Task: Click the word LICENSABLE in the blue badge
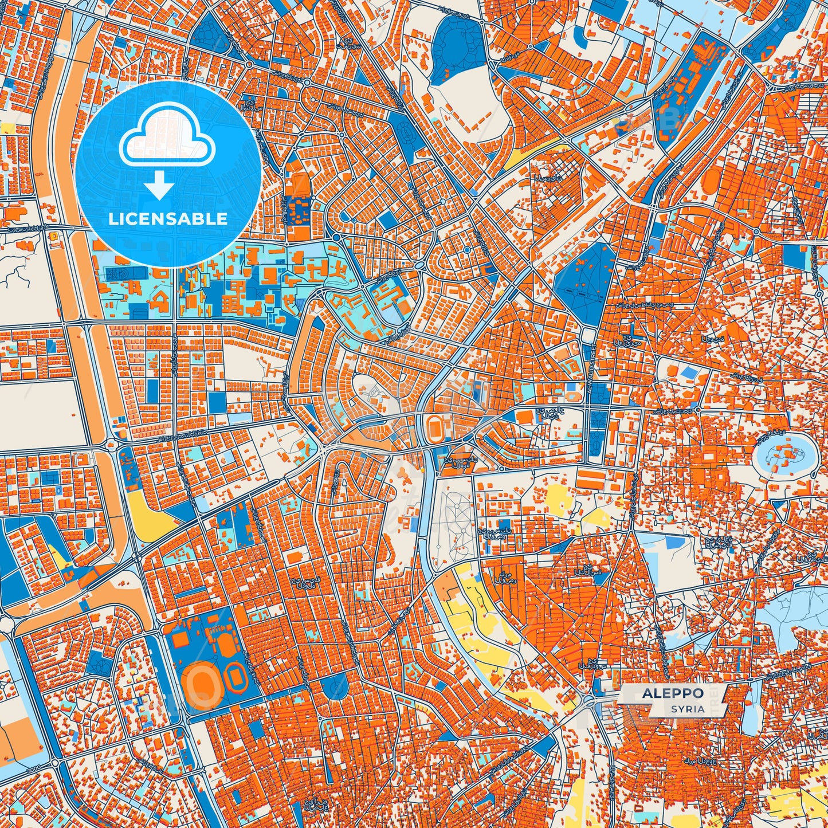168,219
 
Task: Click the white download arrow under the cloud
160,186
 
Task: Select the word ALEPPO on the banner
673,693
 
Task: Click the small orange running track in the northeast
709,182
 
